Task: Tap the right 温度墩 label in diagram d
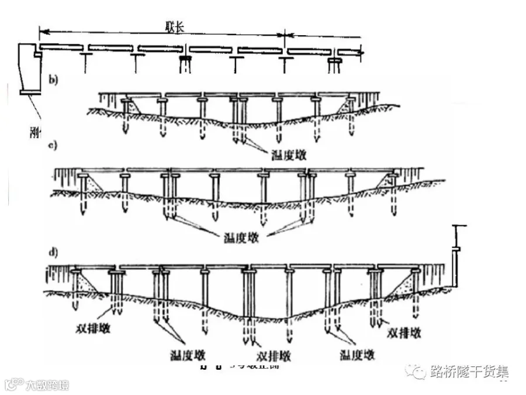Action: tap(357, 355)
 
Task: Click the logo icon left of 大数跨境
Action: tap(13, 385)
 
